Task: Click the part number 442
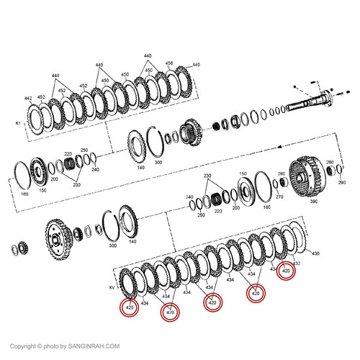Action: tap(28, 99)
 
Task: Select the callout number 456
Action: tap(169, 64)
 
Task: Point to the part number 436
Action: tap(314, 253)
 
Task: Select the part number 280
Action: tap(329, 163)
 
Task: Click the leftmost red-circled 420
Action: tap(130, 308)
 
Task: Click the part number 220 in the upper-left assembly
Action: tap(68, 154)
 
